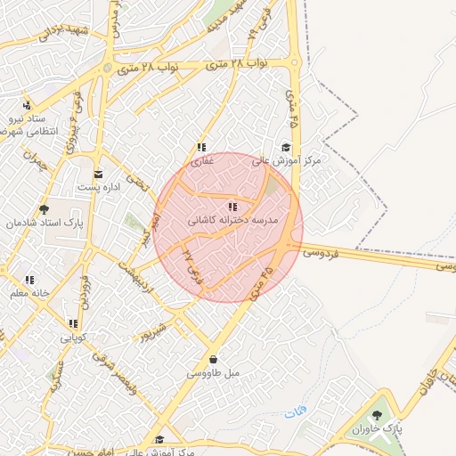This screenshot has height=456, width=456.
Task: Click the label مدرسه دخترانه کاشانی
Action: [233, 219]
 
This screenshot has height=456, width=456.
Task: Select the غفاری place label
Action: [203, 161]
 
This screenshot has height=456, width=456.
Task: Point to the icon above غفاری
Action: [202, 148]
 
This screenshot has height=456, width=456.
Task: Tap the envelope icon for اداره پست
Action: [98, 174]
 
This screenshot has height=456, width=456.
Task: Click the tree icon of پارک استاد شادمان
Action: [45, 210]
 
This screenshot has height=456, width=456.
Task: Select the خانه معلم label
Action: [29, 293]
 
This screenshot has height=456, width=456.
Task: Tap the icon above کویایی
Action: [73, 324]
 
